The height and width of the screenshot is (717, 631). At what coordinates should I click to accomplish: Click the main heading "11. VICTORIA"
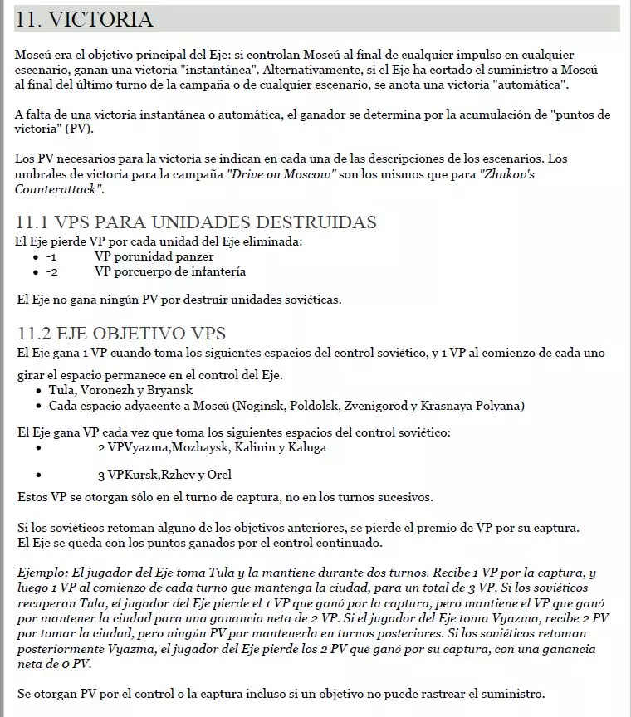84,19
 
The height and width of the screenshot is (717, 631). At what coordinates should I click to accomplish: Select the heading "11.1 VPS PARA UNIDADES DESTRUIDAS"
197,222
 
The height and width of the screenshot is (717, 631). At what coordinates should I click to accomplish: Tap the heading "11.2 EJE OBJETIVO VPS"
121,334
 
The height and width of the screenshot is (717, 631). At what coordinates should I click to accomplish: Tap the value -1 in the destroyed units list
51,256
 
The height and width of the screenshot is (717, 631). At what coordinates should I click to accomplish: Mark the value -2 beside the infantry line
51,271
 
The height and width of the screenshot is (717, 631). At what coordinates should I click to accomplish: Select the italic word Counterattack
58,189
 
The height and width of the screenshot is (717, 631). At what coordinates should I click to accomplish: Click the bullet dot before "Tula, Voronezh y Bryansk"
38,391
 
